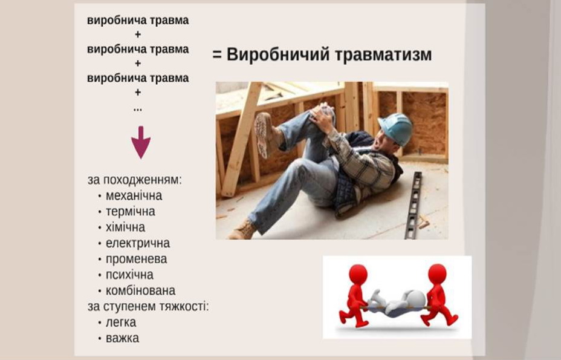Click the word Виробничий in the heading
pyautogui.click(x=277, y=55)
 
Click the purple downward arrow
pyautogui.click(x=141, y=142)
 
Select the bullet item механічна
pyautogui.click(x=134, y=196)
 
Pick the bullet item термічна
pyautogui.click(x=130, y=212)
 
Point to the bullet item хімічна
pyautogui.click(x=125, y=227)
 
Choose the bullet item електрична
pyautogui.click(x=138, y=243)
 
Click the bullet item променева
pyautogui.click(x=136, y=259)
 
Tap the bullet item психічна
pyautogui.click(x=129, y=275)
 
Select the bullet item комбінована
pyautogui.click(x=141, y=290)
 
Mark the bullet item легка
pyautogui.click(x=121, y=322)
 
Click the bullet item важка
pyautogui.click(x=122, y=338)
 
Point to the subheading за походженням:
pyautogui.click(x=135, y=180)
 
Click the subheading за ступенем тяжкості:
pyautogui.click(x=148, y=307)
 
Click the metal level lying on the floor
pyautogui.click(x=413, y=205)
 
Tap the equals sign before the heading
pyautogui.click(x=217, y=55)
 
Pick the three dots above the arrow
pyautogui.click(x=138, y=110)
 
